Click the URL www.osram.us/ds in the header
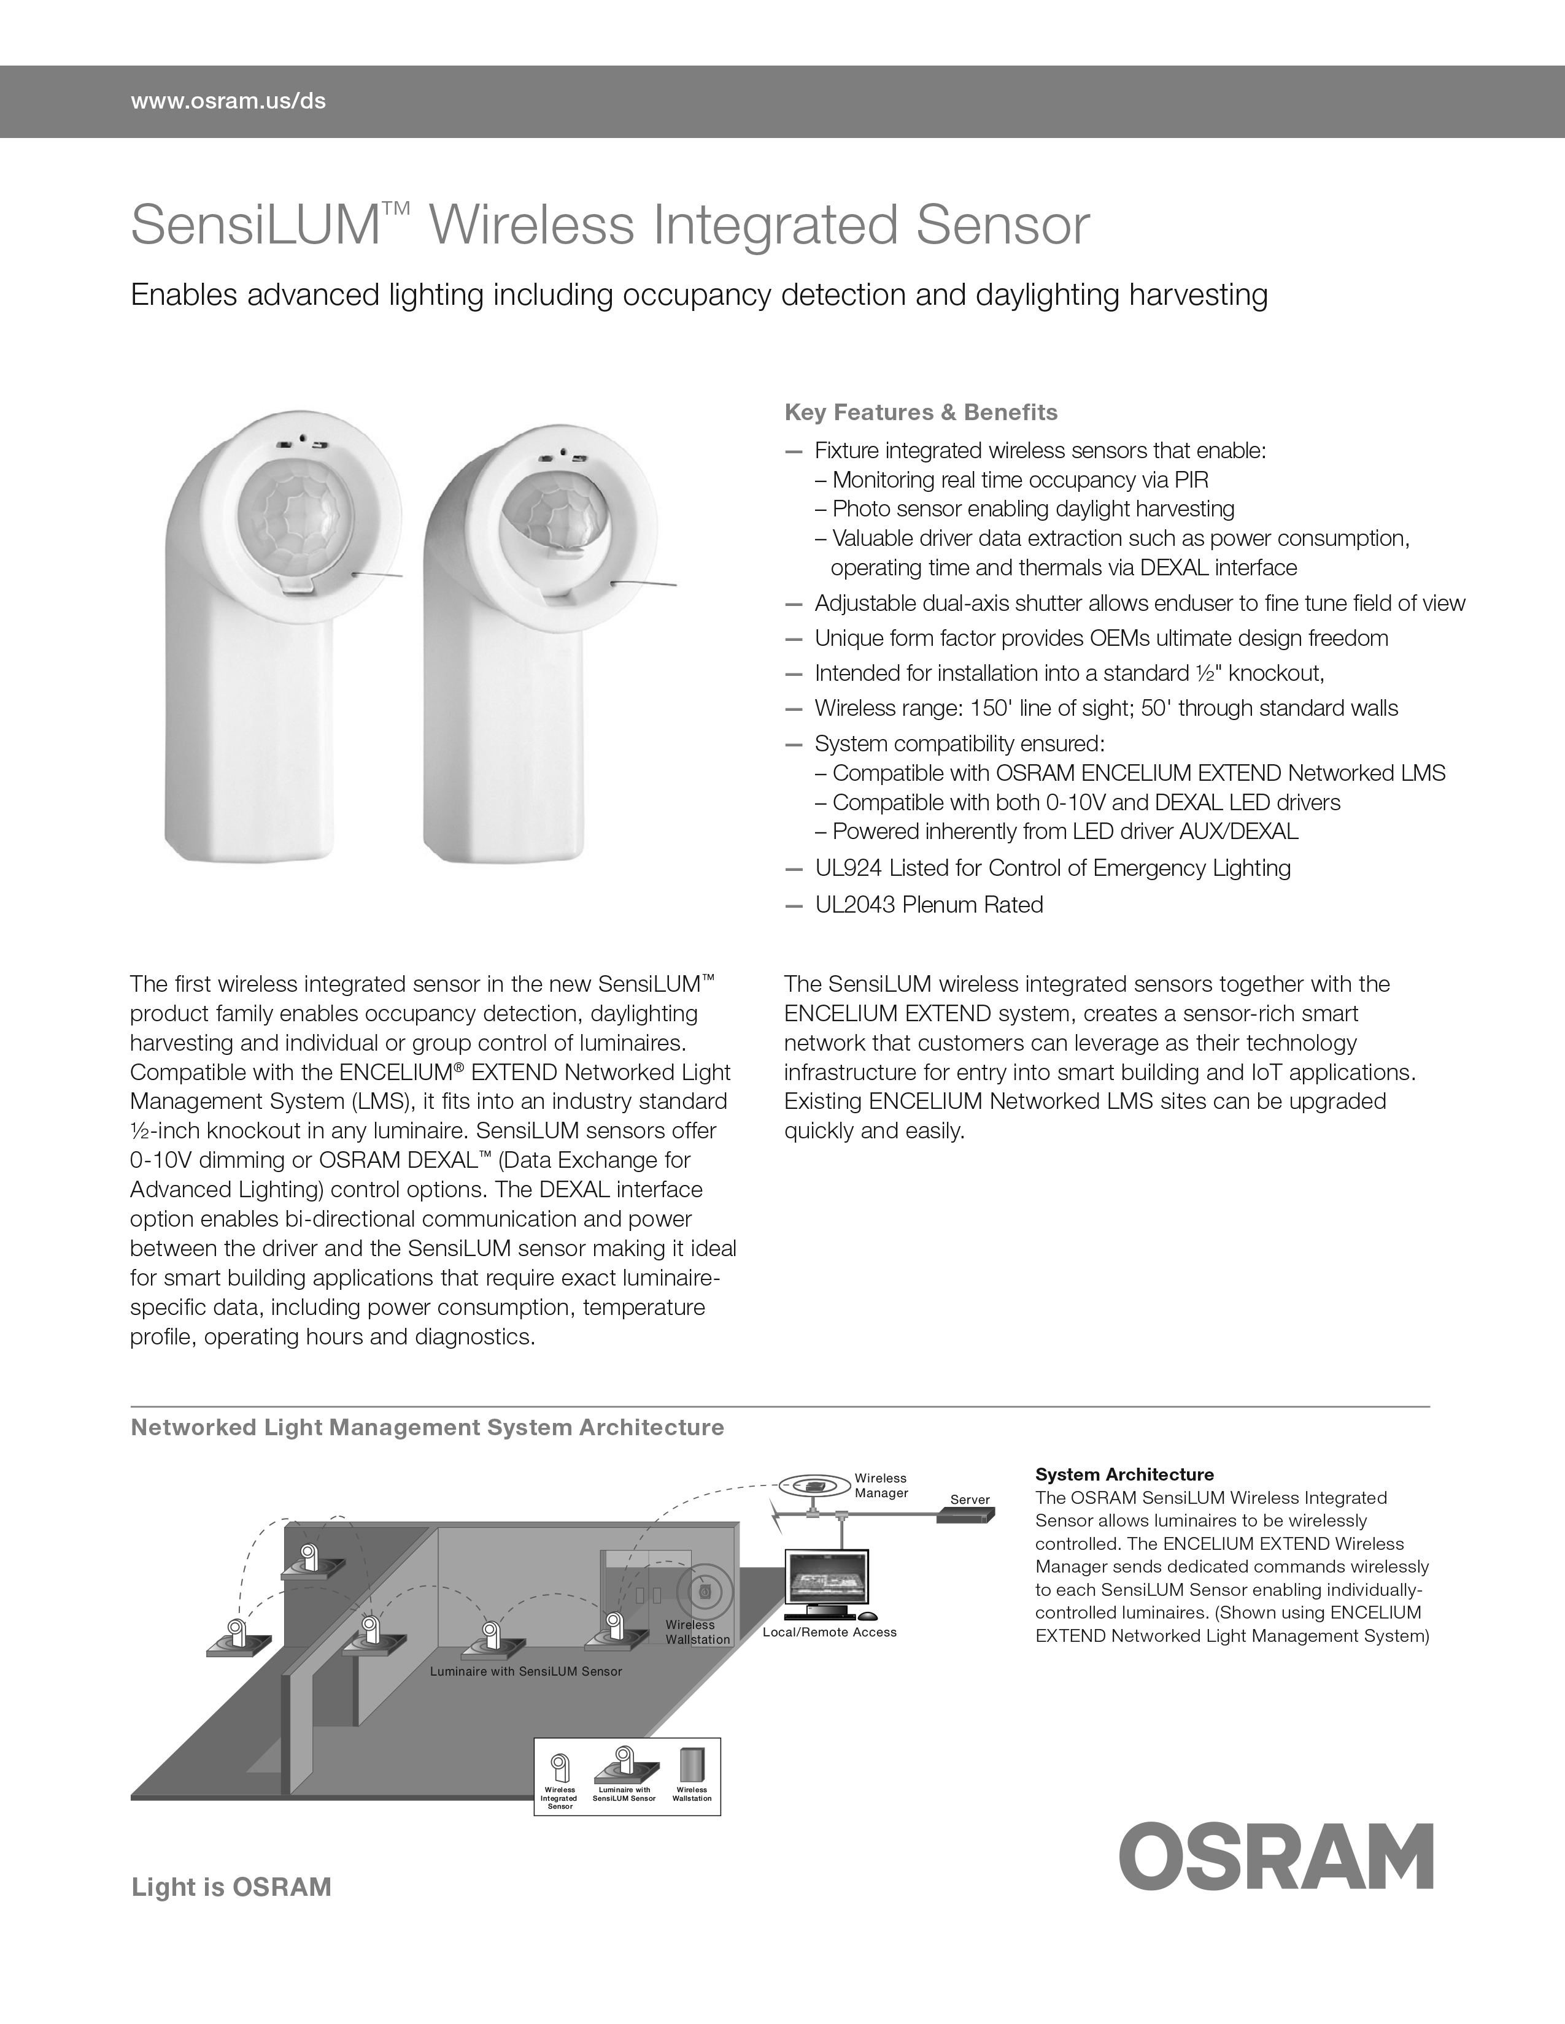tap(228, 101)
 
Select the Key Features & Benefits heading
tap(921, 412)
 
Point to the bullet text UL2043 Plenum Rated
tap(928, 905)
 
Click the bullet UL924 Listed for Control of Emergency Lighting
tap(1053, 868)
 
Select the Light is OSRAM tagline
tap(231, 1888)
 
